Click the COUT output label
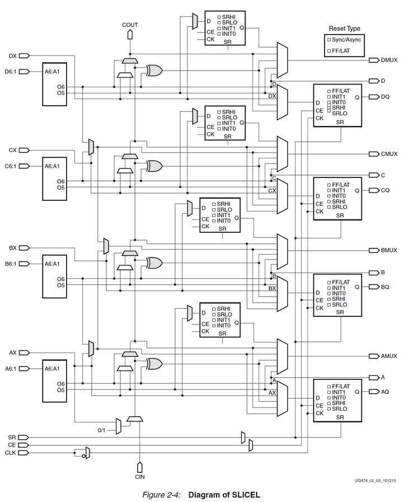click(130, 25)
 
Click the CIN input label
click(140, 476)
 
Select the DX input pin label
click(13, 55)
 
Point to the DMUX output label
click(389, 60)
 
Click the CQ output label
click(385, 190)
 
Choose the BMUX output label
click(389, 250)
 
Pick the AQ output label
click(385, 392)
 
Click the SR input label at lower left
click(12, 437)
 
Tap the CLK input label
click(11, 452)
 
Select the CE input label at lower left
click(12, 444)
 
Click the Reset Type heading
click(344, 29)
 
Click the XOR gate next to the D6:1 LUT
click(154, 70)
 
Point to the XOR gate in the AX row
click(154, 364)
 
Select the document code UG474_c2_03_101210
click(375, 480)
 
